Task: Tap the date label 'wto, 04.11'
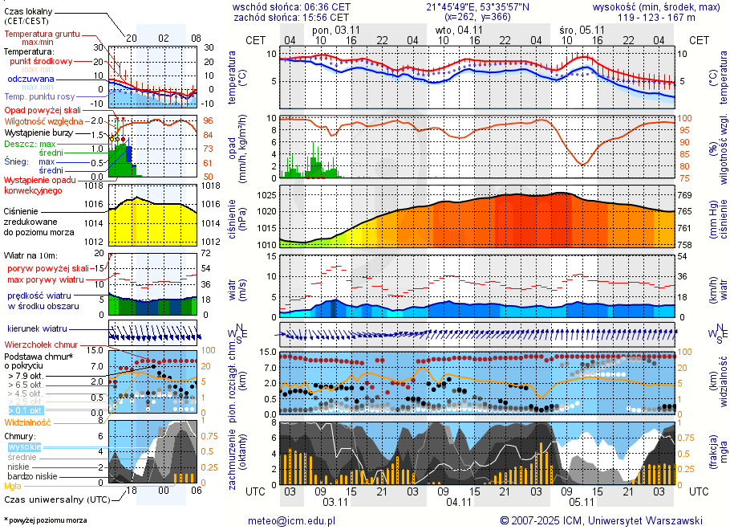pyautogui.click(x=460, y=30)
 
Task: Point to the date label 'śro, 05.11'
pyautogui.click(x=582, y=30)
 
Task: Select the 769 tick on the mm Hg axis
pyautogui.click(x=685, y=195)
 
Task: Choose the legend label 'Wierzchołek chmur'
pyautogui.click(x=40, y=344)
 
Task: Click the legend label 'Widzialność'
pyautogui.click(x=28, y=422)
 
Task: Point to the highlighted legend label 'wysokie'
pyautogui.click(x=24, y=446)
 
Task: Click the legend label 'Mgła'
pyautogui.click(x=13, y=486)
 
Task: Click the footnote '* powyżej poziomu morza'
pyautogui.click(x=45, y=520)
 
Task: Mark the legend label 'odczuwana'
pyautogui.click(x=30, y=79)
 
